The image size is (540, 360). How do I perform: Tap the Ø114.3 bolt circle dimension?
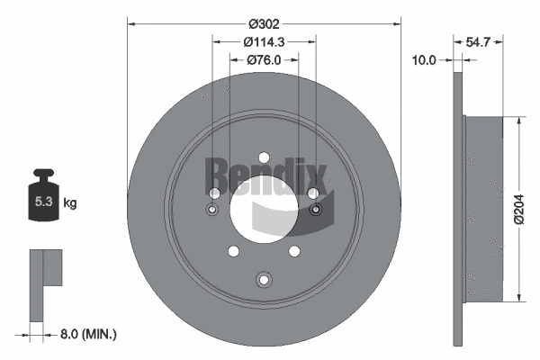coord(264,41)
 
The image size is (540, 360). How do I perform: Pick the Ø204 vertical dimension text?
coord(517,208)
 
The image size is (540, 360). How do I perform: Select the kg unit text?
coord(70,203)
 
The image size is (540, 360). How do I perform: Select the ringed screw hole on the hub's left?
coord(212,210)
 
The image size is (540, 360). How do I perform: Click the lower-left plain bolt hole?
coord(232,251)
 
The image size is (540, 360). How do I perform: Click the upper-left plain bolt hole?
coord(214,193)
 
